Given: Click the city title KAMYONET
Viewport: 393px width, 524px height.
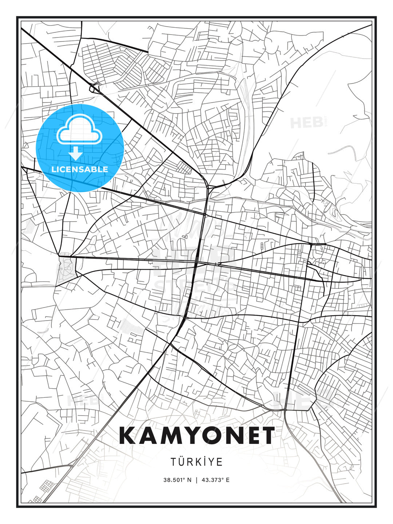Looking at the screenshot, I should [x=196, y=436].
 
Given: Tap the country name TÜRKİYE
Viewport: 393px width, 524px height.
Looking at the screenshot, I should [x=196, y=462].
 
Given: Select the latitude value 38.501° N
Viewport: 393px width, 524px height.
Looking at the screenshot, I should [x=177, y=480].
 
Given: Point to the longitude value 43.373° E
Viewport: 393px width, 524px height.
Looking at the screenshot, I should [x=215, y=480].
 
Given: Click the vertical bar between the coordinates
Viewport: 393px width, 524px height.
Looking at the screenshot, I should [x=196, y=480].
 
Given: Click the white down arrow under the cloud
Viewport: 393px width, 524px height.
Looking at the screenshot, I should [x=76, y=153].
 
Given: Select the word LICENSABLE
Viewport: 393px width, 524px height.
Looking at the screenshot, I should [x=80, y=169].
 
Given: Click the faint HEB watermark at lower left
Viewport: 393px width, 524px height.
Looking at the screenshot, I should [x=82, y=400].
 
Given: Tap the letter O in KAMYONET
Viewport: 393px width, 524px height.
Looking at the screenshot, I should [x=215, y=436].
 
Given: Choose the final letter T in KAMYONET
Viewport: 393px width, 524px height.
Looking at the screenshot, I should [x=266, y=436].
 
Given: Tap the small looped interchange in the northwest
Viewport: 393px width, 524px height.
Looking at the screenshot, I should [x=94, y=88].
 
